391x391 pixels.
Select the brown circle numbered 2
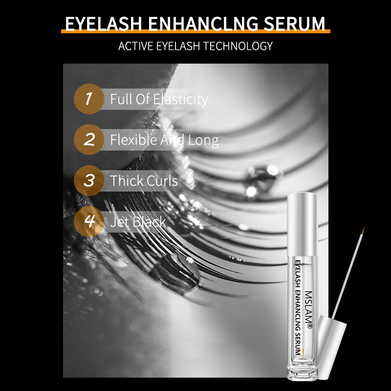point(88,140)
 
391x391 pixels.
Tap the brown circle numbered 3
point(88,180)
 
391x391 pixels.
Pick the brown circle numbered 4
point(88,221)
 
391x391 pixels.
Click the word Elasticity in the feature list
point(180,99)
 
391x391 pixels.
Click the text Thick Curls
point(144,180)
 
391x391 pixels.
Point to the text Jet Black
point(138,221)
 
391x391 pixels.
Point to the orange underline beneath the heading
point(195,32)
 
